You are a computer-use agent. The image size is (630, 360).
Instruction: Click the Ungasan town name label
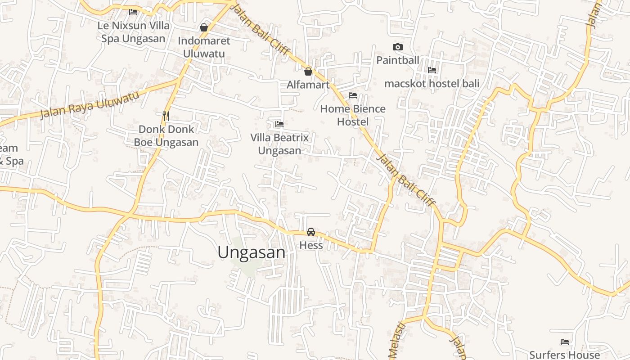click(x=251, y=252)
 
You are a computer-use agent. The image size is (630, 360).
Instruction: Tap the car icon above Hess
click(x=310, y=232)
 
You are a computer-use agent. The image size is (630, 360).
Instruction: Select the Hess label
click(x=311, y=245)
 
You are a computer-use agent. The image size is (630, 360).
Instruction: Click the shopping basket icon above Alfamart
click(x=308, y=72)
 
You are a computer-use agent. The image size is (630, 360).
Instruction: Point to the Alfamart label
click(x=308, y=85)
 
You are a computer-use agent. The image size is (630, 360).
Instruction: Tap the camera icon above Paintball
click(x=397, y=47)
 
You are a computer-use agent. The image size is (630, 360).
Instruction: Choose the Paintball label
click(x=397, y=60)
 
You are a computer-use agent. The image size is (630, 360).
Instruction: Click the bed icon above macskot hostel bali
click(x=432, y=70)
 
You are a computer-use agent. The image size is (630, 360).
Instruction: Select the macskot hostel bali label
click(x=432, y=83)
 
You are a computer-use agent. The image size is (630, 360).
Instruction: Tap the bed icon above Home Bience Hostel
click(x=353, y=95)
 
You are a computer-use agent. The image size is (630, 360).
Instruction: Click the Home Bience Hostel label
click(x=353, y=115)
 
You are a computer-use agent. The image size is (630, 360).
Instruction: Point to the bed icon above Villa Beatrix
click(x=279, y=124)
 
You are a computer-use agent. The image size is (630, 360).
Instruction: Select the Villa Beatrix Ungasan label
click(x=279, y=144)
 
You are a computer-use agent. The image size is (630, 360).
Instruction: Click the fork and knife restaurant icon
click(x=166, y=116)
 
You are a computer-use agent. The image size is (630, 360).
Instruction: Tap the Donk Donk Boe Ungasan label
click(x=166, y=136)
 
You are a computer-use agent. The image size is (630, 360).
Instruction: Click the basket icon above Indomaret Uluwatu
click(x=204, y=27)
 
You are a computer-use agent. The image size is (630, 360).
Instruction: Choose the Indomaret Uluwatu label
click(x=204, y=47)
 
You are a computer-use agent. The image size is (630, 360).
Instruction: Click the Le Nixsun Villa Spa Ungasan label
click(x=133, y=32)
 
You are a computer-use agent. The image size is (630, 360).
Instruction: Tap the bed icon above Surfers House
click(x=565, y=342)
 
